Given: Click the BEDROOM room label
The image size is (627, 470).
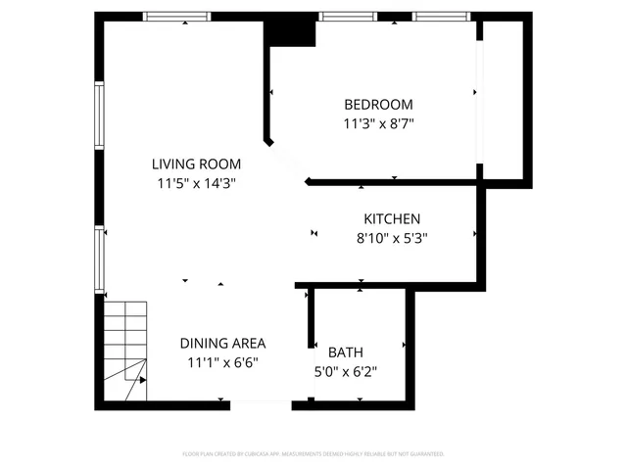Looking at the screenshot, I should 378,105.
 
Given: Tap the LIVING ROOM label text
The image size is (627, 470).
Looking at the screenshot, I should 196,164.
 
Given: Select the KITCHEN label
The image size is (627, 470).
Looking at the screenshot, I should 392,219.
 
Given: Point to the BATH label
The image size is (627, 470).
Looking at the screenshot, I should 345,352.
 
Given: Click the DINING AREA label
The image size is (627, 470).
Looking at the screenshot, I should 222,344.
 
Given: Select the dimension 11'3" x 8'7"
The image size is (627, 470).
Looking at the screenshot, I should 378,124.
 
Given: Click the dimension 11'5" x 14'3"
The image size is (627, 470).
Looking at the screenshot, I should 196,183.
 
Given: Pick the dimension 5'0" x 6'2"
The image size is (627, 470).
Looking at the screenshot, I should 345,371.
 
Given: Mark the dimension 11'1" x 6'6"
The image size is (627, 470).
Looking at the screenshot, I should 222,362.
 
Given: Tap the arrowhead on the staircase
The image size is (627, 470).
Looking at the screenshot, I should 142,379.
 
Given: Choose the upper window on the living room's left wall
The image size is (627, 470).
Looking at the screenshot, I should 99,116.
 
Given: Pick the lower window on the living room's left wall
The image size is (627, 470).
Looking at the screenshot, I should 99,258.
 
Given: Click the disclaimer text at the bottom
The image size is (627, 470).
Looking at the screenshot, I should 313,454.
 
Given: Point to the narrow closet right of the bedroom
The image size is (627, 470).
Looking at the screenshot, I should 504,98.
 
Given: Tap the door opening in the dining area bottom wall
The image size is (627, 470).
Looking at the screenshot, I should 262,402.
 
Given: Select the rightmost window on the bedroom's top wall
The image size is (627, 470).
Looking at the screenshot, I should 442,17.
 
